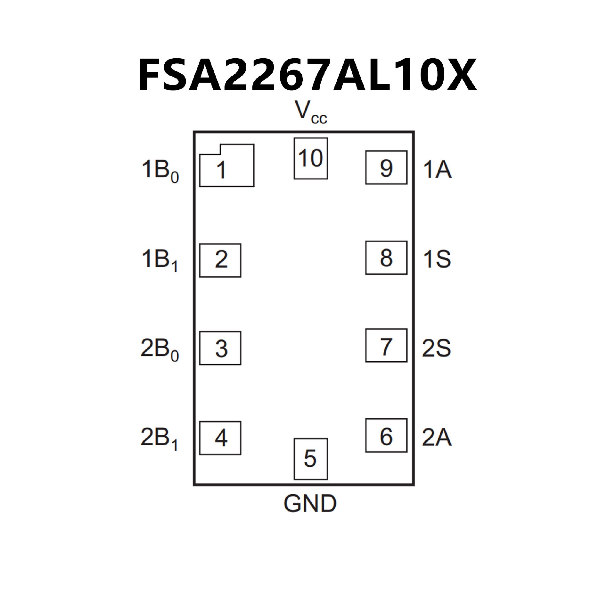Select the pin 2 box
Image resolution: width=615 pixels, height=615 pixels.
220,260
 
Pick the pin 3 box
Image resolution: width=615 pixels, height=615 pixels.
220,348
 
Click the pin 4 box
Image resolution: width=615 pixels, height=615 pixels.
220,438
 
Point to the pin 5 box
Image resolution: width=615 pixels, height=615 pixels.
310,459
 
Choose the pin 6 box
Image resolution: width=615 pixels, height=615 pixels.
386,435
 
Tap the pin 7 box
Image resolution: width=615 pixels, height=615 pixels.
386,345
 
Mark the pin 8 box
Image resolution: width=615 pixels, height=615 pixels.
386,258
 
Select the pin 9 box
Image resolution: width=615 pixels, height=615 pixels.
386,167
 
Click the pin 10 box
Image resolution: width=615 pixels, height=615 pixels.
310,158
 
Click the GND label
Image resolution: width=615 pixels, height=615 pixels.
310,504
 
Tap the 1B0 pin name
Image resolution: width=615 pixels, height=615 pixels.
160,171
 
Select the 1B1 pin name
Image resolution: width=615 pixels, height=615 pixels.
159,261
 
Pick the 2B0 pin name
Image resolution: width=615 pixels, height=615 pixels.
159,350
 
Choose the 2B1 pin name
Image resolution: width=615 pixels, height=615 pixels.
159,439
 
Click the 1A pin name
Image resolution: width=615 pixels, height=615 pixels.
437,169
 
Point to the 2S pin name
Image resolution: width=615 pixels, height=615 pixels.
436,348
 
